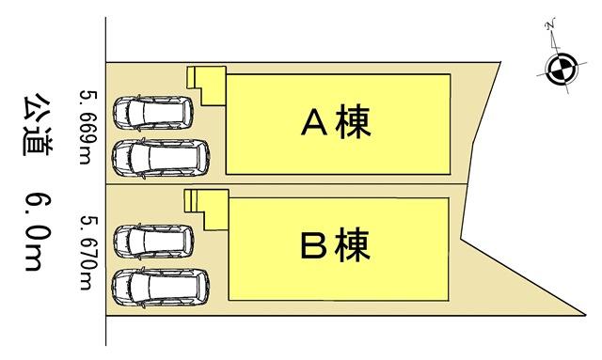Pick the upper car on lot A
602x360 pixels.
point(153,113)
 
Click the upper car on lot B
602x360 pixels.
point(153,241)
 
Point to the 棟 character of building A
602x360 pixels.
point(356,122)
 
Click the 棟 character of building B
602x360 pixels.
point(356,247)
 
